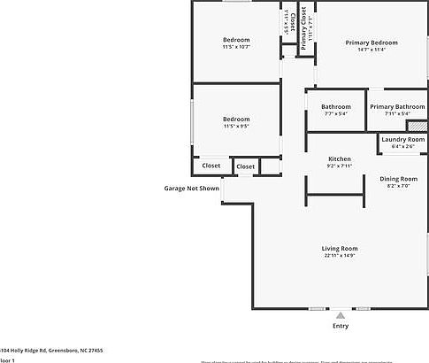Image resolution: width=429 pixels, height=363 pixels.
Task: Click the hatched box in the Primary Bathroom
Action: [412, 125]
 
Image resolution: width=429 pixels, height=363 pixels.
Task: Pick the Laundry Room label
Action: [402, 139]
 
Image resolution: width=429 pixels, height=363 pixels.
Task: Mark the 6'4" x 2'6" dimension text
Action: [402, 146]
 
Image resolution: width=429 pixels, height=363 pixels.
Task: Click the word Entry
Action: [340, 326]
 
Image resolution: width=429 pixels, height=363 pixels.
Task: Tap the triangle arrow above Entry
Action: [340, 314]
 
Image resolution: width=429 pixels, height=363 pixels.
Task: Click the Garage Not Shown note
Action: [191, 188]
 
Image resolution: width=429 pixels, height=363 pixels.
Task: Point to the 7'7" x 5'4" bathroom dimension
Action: [336, 113]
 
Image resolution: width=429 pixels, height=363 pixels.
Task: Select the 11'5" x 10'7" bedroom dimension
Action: [235, 47]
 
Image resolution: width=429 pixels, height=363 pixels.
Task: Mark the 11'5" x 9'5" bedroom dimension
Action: [235, 126]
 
